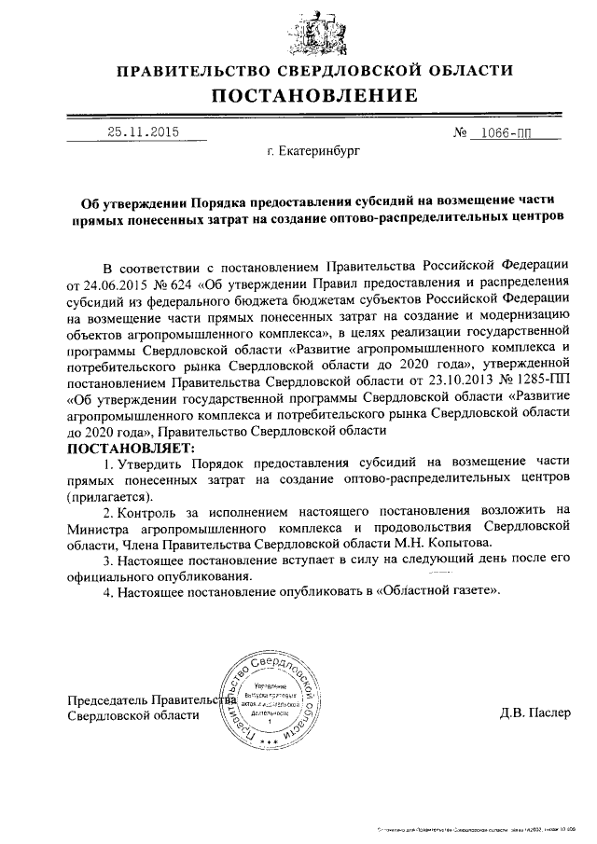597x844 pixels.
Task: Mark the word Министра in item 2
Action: [x=97, y=526]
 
